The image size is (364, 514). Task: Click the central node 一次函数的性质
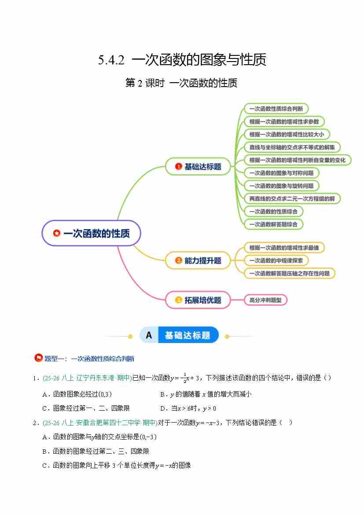tap(91, 233)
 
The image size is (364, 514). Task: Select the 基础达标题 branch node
tap(198, 167)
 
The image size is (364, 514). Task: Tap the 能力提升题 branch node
tap(198, 260)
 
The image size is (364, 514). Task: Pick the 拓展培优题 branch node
tap(198, 300)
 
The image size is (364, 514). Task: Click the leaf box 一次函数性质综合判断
tap(276, 109)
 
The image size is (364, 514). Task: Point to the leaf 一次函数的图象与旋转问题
tap(281, 186)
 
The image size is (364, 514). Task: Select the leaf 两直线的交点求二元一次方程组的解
tap(292, 198)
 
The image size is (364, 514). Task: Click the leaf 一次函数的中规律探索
tap(276, 260)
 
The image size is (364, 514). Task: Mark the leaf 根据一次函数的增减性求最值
tap(284, 248)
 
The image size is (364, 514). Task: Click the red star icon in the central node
tap(56, 233)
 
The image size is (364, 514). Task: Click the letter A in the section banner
tap(149, 335)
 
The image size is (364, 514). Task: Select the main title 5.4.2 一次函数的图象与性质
tap(182, 59)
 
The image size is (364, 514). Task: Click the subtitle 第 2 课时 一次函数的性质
tap(181, 83)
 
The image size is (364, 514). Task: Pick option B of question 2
tap(96, 451)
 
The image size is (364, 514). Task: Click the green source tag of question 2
tap(99, 423)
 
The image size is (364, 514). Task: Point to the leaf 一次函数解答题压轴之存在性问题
tap(289, 273)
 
